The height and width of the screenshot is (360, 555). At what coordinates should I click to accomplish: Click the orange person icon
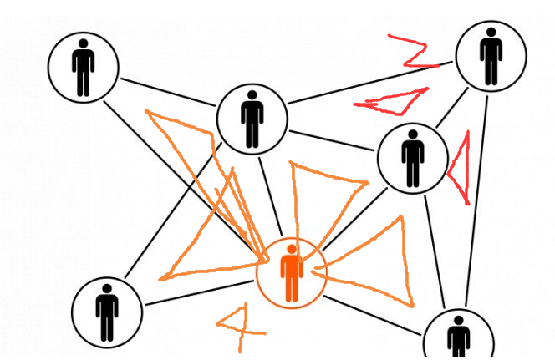[291, 273]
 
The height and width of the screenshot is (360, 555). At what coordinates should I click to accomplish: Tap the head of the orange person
[291, 251]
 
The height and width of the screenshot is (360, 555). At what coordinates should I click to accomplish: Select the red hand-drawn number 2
[414, 51]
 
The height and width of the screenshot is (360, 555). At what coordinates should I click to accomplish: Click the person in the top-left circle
[83, 67]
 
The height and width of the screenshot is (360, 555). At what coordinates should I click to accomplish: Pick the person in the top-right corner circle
[491, 56]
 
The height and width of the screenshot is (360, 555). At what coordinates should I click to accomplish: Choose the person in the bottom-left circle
[106, 311]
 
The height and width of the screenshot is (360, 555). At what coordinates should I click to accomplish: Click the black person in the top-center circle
[252, 119]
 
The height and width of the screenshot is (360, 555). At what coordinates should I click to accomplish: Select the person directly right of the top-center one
[413, 157]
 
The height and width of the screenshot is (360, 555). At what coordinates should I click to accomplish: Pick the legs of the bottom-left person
[106, 327]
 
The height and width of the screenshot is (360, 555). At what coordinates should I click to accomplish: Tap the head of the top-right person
[491, 33]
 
